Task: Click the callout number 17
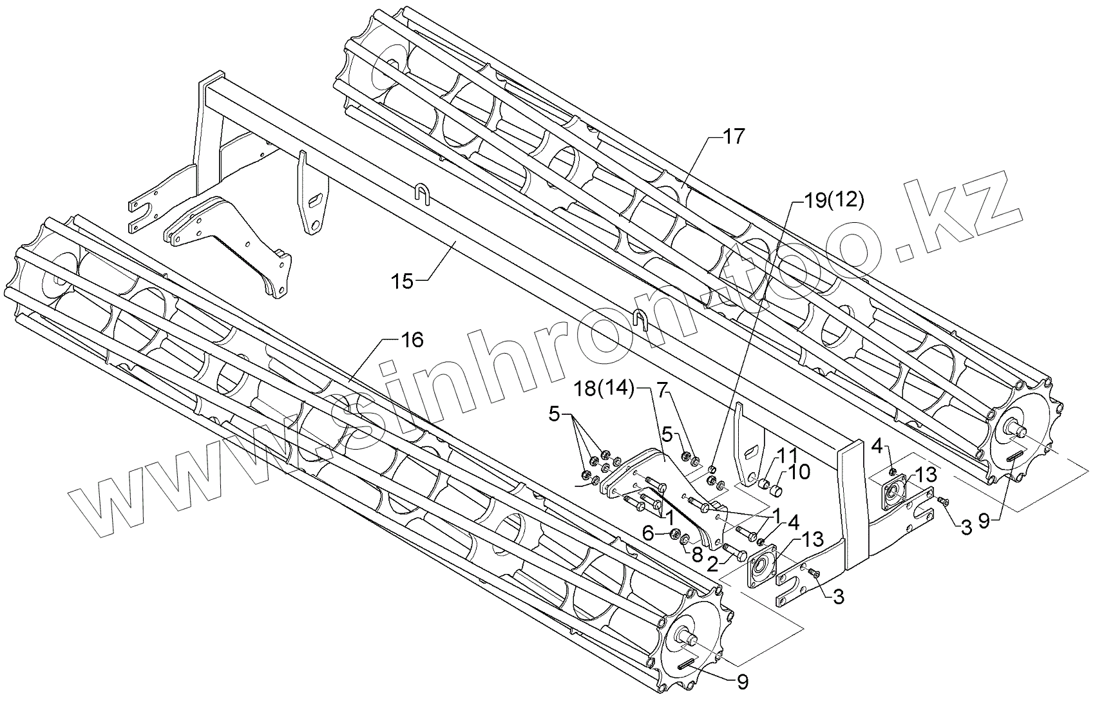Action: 732,137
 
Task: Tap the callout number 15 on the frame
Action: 403,281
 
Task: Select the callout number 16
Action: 412,339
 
